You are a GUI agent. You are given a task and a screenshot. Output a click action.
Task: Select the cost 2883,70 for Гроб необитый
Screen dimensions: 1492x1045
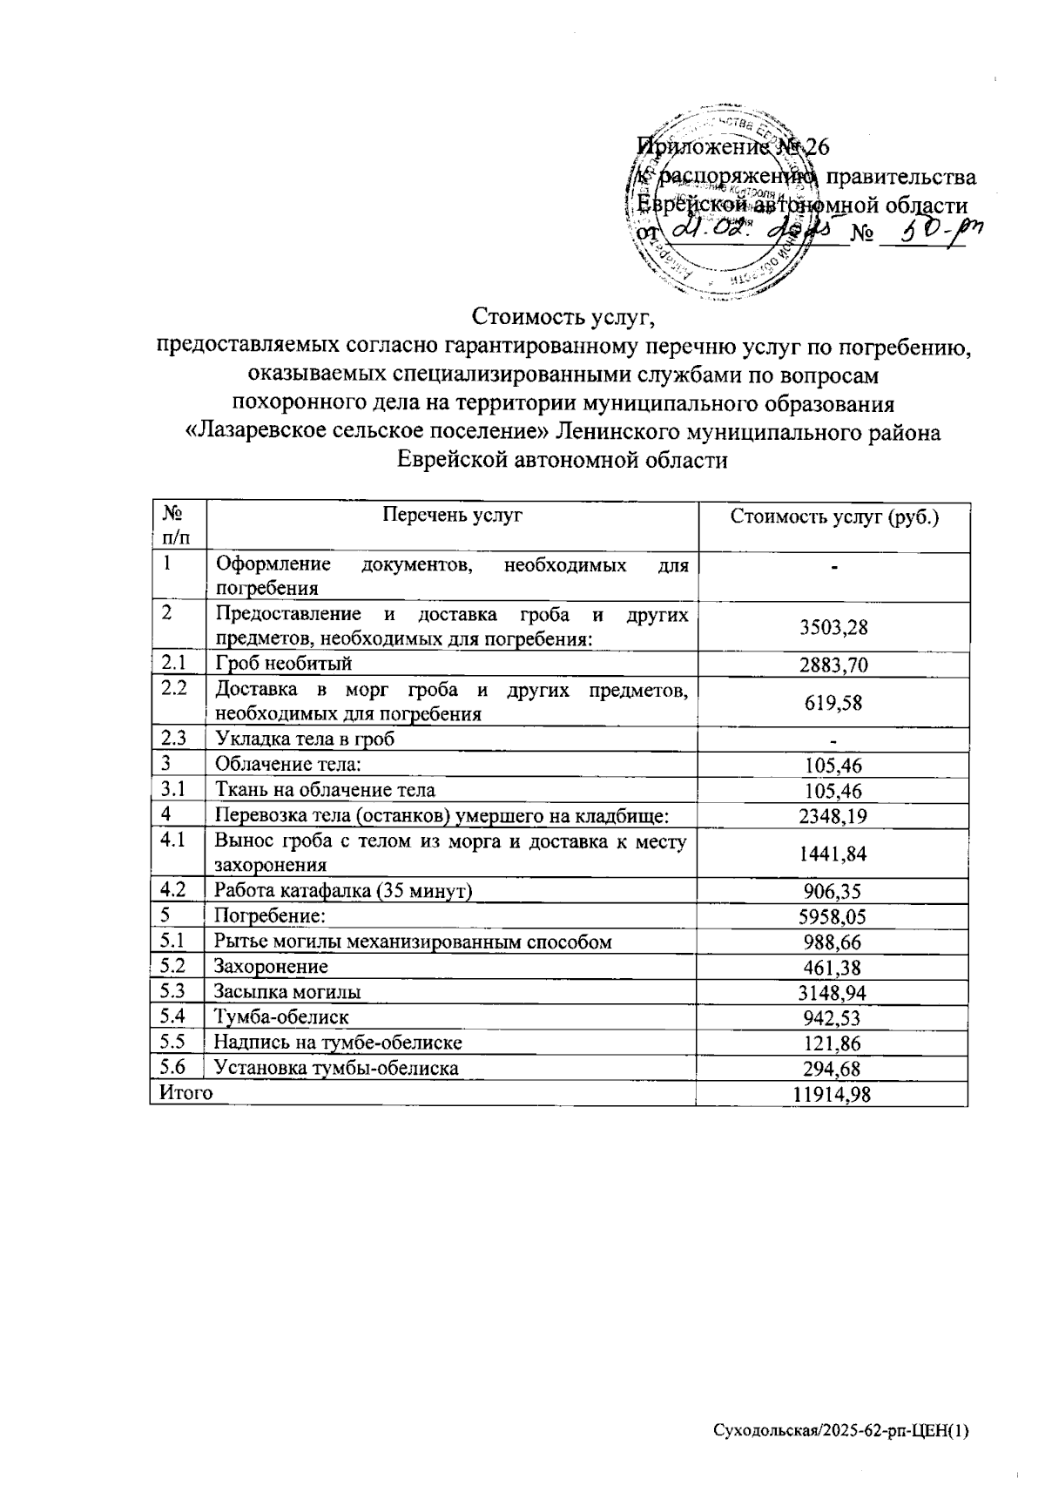click(x=833, y=666)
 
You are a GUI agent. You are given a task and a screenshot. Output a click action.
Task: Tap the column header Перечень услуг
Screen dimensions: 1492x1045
click(x=452, y=516)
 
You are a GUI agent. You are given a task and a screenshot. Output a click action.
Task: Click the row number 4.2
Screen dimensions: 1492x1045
click(x=174, y=890)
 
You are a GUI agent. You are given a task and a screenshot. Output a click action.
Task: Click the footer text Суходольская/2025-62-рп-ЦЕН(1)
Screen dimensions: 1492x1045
click(x=840, y=1431)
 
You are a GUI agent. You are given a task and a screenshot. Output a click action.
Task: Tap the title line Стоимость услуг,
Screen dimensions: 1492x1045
click(x=562, y=316)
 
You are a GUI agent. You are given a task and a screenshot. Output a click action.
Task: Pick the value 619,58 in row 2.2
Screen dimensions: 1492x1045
click(x=833, y=703)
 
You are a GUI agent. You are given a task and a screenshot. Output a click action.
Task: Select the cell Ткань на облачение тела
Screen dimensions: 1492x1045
click(x=325, y=791)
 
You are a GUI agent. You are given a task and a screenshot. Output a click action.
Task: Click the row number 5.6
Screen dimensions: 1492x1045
click(x=174, y=1067)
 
